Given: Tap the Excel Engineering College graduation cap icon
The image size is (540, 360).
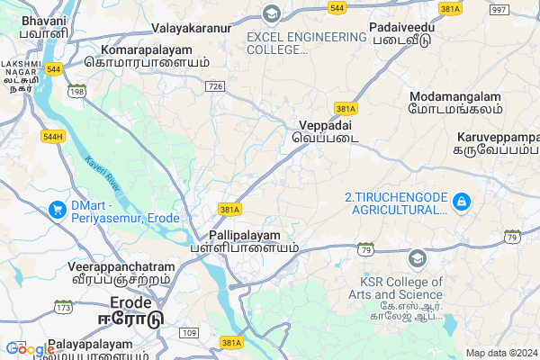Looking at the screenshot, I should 270,13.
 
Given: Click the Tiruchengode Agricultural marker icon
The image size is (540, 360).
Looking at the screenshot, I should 461,200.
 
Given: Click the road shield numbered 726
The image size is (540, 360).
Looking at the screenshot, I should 214,85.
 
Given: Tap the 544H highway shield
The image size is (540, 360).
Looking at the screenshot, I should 53,137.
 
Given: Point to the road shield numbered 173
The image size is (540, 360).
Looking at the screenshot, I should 62,309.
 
